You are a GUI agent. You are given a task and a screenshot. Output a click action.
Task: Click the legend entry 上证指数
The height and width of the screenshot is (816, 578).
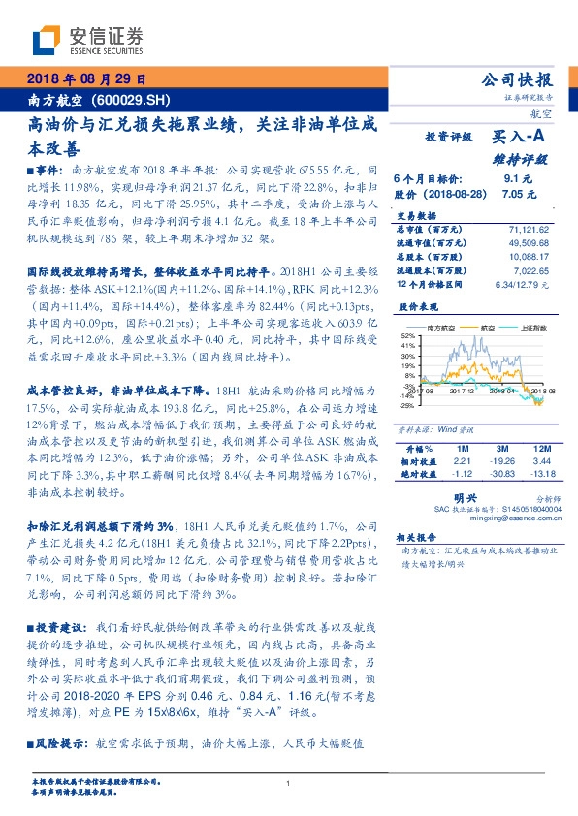(x=526, y=329)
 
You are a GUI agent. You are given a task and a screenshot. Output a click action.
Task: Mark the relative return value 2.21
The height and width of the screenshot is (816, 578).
(x=462, y=461)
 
